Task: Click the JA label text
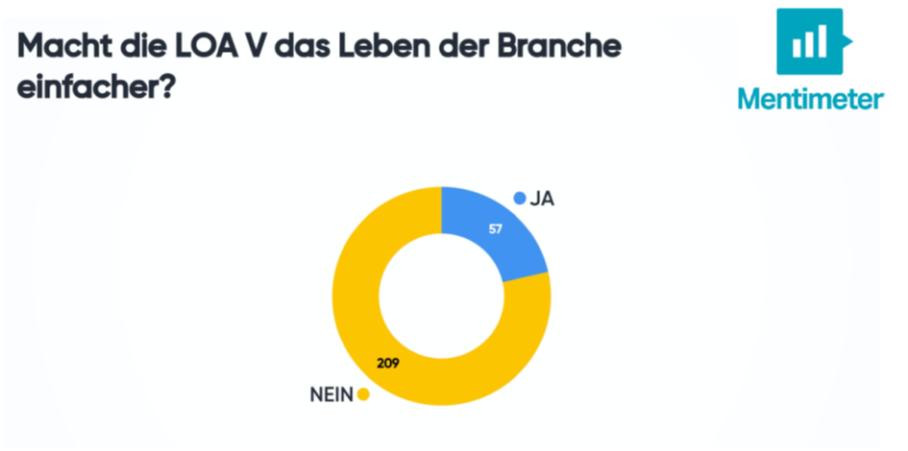(x=543, y=200)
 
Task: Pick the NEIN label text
(x=330, y=394)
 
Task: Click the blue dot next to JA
(x=520, y=200)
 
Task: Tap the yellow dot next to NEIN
(x=363, y=394)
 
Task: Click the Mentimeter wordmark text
(x=810, y=98)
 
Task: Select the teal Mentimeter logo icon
(x=809, y=41)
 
